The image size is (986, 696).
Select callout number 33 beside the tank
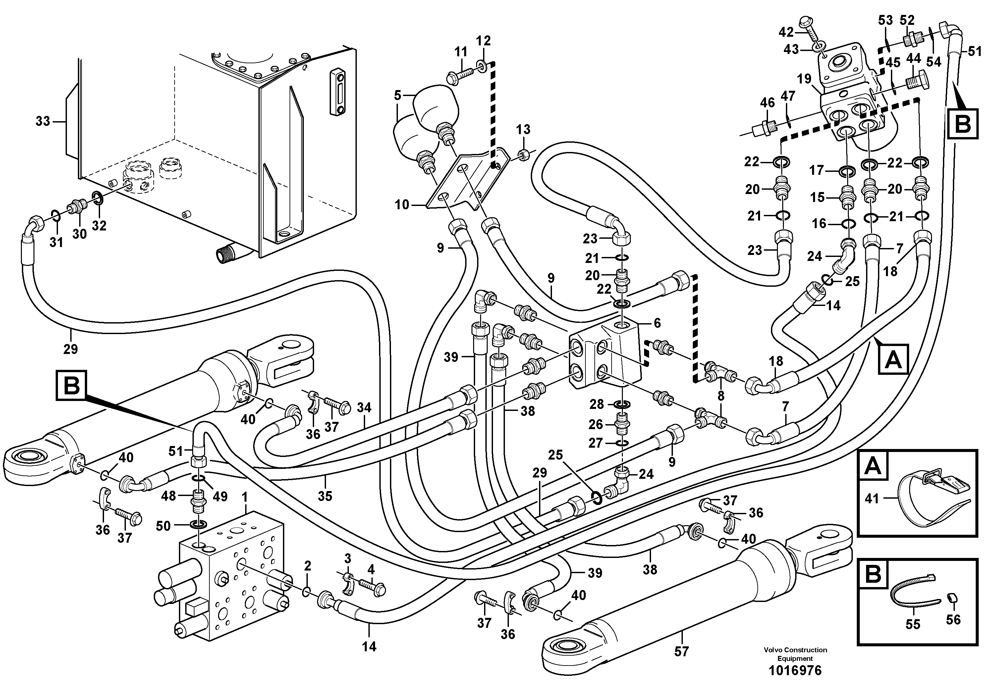42,122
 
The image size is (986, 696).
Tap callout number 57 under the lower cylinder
681,651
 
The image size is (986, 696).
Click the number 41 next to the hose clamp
871,499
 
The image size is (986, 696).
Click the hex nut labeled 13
523,155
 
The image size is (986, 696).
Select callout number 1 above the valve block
245,498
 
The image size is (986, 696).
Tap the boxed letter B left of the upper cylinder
71,385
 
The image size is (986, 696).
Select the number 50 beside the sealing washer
163,526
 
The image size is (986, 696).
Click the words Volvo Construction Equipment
795,654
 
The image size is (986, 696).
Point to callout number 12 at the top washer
483,41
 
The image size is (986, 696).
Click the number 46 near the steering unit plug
767,103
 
